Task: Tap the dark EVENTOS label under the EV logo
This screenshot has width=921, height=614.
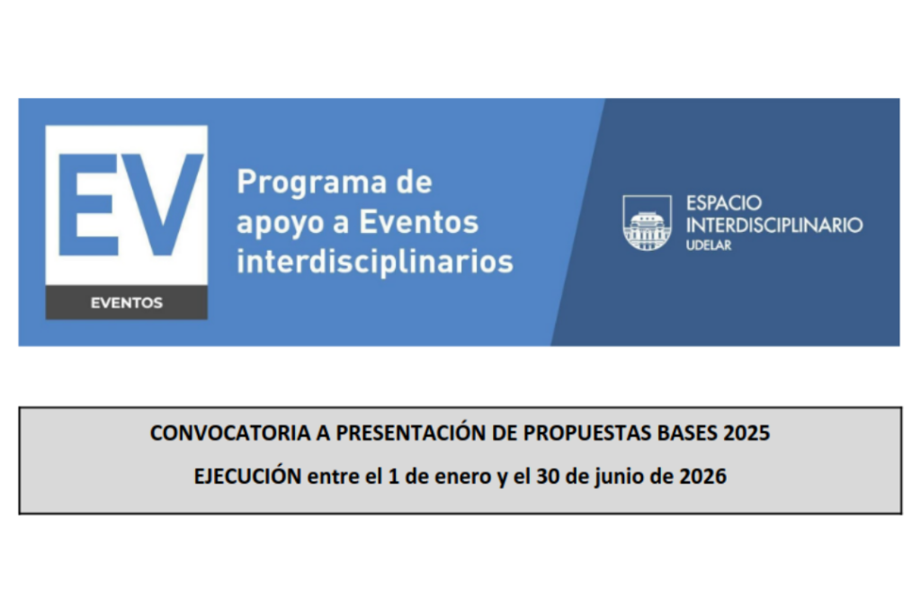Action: coord(126,303)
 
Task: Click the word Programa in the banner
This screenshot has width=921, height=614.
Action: coord(312,182)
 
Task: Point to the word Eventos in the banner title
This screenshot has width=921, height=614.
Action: coord(419,222)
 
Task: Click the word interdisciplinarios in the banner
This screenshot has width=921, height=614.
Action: coord(375,262)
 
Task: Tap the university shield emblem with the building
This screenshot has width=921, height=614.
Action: coord(648,223)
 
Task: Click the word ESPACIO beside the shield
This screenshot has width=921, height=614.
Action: coord(724,203)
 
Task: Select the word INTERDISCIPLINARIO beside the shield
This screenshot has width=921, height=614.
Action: coord(774,225)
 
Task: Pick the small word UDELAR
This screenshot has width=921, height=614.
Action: coord(709,245)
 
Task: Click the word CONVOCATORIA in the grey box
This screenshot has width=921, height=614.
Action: coord(230,433)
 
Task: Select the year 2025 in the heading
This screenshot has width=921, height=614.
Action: coord(747,433)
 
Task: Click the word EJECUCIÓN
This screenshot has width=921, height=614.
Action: coord(248,476)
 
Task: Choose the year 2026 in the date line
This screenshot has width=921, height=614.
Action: coord(703,476)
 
